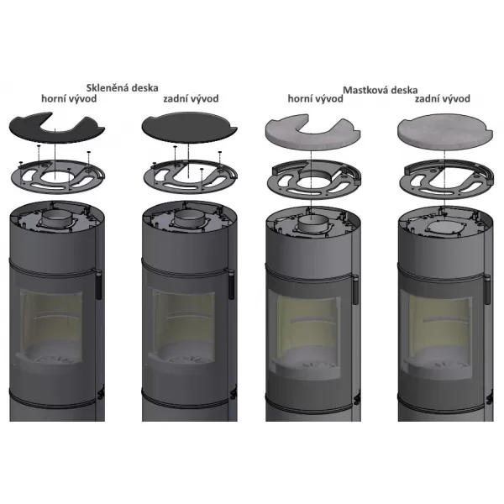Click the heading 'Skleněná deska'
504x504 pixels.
coord(122,87)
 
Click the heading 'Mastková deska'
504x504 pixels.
coord(381,90)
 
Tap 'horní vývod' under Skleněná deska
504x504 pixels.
coord(69,98)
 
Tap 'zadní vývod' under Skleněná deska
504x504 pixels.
coord(191,98)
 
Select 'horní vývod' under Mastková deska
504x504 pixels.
coord(315,98)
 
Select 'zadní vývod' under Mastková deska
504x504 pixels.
coord(443,98)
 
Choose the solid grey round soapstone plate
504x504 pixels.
coord(445,132)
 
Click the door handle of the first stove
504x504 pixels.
coord(98,286)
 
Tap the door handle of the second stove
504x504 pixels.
coord(231,286)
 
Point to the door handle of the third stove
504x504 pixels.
coord(355,289)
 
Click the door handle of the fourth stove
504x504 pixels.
coord(487,289)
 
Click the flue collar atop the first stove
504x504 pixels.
coord(56,220)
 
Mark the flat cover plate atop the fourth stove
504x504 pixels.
coord(445,228)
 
